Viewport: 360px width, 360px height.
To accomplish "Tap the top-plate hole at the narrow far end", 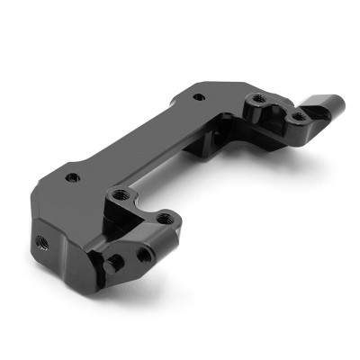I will pyautogui.click(x=198, y=92).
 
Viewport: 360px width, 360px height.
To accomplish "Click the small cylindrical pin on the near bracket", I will pyautogui.click(x=115, y=261).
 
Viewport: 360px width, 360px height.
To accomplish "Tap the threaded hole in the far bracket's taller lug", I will pyautogui.click(x=258, y=98).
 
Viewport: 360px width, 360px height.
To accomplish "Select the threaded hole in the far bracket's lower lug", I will pyautogui.click(x=296, y=114).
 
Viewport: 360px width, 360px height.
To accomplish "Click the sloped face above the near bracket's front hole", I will pyautogui.click(x=153, y=241).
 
